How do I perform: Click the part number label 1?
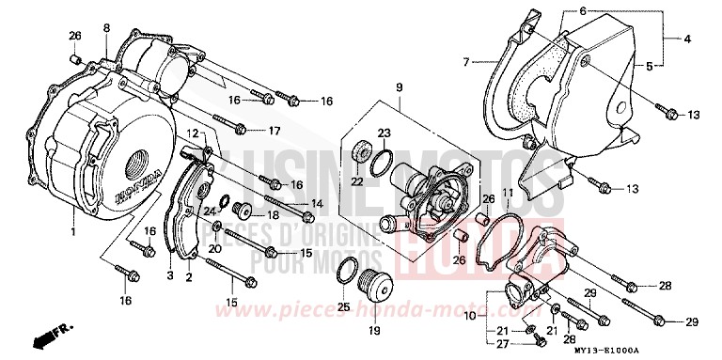72,230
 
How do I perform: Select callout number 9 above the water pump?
398,87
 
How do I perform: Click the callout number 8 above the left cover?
106,27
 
